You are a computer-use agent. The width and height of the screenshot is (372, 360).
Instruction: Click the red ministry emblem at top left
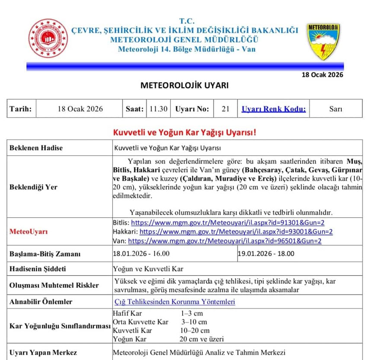48,39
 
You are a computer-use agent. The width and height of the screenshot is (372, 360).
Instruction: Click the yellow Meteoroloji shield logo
323,41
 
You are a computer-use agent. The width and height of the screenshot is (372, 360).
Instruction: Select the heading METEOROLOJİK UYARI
185,85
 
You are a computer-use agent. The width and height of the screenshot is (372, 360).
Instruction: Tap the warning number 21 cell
225,109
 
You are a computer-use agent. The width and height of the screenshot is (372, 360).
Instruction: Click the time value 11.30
158,109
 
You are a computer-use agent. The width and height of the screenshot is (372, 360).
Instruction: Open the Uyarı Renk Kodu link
273,109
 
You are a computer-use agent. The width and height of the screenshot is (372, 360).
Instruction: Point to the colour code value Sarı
336,109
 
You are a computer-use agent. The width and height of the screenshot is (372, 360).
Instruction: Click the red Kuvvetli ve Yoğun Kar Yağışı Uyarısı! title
185,132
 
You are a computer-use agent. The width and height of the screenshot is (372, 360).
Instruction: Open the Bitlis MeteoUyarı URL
228,222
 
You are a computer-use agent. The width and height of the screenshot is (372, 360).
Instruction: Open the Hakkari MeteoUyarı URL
236,231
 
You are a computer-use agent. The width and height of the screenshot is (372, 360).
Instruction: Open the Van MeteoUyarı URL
224,241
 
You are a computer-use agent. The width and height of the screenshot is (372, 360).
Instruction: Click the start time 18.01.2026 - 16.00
141,254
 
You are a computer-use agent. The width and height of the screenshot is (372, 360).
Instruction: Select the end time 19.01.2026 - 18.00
266,254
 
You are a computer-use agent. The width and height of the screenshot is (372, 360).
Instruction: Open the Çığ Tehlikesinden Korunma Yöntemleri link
175,302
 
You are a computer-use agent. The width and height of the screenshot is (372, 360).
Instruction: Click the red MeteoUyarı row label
29,231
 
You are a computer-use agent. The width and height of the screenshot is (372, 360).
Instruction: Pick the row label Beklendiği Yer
33,187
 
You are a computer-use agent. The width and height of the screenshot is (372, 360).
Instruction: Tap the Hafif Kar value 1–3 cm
192,313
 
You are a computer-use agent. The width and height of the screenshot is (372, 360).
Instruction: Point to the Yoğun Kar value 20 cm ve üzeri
202,339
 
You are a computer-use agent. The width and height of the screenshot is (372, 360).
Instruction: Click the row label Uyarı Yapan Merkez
43,352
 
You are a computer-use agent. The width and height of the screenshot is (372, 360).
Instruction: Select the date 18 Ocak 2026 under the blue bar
322,74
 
